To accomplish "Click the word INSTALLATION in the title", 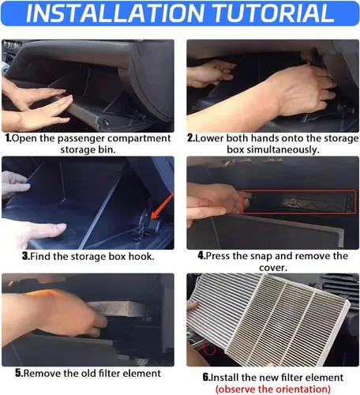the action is point(115,13).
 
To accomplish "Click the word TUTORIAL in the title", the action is point(273,13).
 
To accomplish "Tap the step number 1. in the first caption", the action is point(9,138).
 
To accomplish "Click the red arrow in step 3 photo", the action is point(163,205).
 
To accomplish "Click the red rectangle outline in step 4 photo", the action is point(298,190).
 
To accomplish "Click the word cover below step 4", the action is point(273,268).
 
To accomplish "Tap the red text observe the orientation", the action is point(273,389).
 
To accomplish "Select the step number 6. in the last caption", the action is point(206,377).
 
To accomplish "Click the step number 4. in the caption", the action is point(201,256).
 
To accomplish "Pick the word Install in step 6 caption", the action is point(225,378).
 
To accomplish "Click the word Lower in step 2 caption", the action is point(209,138).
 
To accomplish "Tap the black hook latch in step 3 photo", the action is point(146,224).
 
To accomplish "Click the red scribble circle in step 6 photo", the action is point(207,349).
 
